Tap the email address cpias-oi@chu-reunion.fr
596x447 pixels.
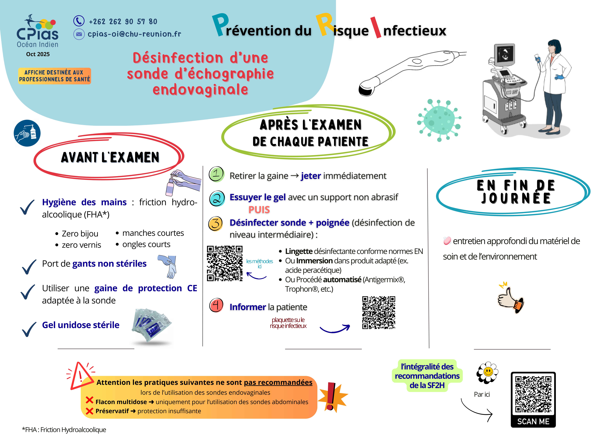(134, 34)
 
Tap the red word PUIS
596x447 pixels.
(259, 210)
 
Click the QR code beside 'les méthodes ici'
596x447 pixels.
(225, 263)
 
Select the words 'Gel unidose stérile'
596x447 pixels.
(81, 325)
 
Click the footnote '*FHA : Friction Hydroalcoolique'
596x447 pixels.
(64, 430)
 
